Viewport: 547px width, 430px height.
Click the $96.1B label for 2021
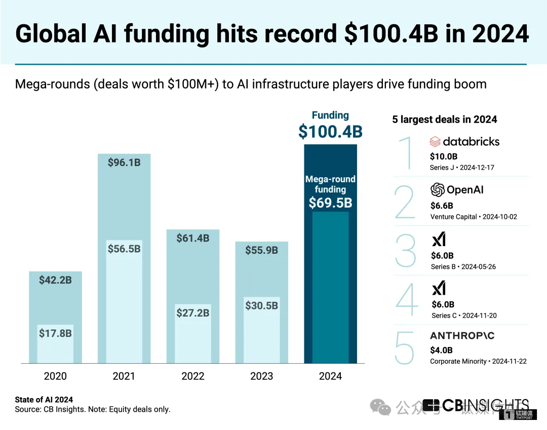click(124, 163)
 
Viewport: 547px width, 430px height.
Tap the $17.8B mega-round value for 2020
click(55, 333)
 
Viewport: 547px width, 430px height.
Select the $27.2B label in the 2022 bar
click(193, 313)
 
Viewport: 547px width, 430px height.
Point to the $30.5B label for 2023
click(262, 305)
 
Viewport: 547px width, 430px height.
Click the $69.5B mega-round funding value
click(330, 203)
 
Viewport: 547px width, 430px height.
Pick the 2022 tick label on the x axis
click(193, 376)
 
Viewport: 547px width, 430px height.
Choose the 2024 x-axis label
click(330, 376)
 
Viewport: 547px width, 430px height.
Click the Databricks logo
click(464, 141)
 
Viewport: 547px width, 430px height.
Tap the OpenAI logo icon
click(437, 190)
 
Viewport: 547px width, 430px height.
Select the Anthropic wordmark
click(462, 336)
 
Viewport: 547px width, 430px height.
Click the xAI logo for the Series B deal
click(439, 239)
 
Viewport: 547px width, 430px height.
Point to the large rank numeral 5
click(405, 348)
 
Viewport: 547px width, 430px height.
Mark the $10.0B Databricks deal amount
click(444, 157)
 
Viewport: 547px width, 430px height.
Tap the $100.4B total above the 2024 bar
click(330, 132)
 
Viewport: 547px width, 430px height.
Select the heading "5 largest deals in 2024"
click(445, 120)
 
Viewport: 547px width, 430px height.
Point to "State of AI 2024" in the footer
click(44, 400)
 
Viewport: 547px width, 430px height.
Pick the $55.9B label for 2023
click(262, 250)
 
